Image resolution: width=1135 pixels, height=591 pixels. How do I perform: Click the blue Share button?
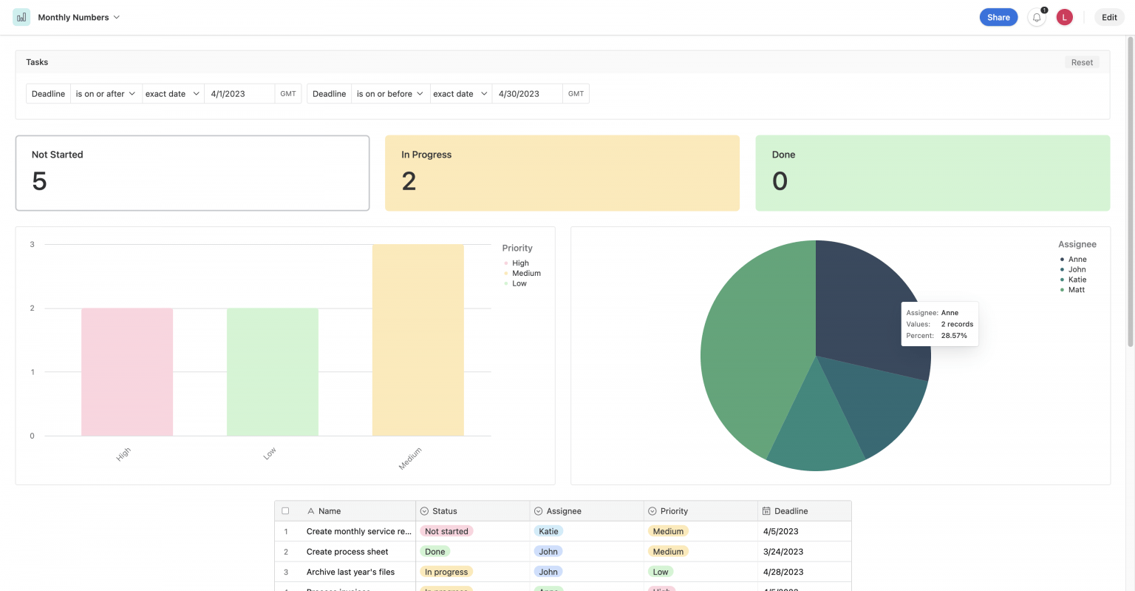tap(998, 17)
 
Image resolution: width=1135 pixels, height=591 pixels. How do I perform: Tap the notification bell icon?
tap(1037, 18)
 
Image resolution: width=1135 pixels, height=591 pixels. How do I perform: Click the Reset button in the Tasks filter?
tap(1082, 62)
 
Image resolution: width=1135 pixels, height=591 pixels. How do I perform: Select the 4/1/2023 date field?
tap(239, 94)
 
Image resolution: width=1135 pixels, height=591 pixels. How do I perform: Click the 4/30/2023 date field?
tap(526, 94)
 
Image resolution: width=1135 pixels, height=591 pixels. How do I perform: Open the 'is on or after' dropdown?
tap(106, 94)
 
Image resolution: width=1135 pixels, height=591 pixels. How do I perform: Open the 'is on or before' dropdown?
tap(390, 94)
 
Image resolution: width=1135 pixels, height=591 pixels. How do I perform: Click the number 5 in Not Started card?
tap(40, 181)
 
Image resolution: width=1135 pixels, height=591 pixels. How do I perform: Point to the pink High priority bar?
tap(127, 371)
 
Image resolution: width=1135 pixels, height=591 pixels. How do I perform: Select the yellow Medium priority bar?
tap(418, 340)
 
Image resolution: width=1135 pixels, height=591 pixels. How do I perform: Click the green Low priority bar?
tap(273, 371)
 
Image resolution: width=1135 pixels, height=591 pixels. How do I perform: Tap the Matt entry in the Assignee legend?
tap(1077, 290)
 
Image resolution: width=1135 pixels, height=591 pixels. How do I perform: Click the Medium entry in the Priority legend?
tap(526, 274)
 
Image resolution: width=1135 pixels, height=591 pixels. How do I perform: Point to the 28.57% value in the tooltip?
tap(954, 336)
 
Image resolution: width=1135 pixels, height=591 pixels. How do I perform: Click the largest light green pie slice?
tap(754, 348)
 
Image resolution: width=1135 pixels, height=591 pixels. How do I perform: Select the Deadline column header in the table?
tap(791, 511)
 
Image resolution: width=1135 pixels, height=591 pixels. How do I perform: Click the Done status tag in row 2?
tap(435, 552)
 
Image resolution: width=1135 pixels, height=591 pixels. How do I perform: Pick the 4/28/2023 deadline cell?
tap(783, 572)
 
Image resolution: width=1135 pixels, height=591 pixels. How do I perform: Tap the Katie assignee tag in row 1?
tap(548, 531)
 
